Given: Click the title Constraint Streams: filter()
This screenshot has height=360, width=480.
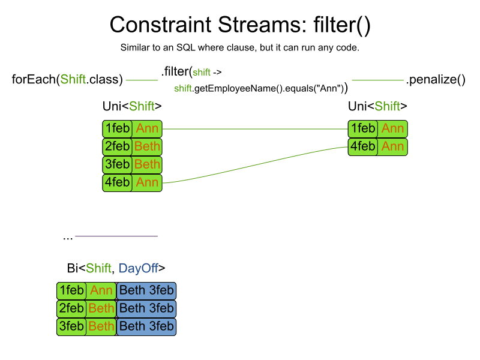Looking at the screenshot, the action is [x=240, y=25].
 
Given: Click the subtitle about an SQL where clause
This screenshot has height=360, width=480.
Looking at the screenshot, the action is [x=239, y=48].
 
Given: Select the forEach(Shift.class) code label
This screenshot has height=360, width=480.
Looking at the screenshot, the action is [x=67, y=80].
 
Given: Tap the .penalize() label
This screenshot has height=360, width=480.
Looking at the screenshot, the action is [x=436, y=80].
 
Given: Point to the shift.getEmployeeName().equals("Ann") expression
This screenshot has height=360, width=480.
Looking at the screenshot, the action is [x=261, y=88].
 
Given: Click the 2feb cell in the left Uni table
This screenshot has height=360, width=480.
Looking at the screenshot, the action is [x=117, y=146].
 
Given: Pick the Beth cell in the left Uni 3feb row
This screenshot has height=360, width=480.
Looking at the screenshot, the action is [x=147, y=164].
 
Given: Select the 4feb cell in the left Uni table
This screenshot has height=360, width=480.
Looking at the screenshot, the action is [x=117, y=183].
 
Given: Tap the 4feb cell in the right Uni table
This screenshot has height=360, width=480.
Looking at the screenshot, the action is [x=363, y=146].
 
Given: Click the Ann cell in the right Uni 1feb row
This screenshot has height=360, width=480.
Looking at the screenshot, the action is [x=392, y=128].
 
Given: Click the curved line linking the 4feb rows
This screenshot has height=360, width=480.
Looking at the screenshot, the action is [x=255, y=166].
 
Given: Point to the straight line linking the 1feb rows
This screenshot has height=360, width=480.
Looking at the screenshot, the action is [x=255, y=129].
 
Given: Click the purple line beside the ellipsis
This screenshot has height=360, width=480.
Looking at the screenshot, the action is [x=116, y=236].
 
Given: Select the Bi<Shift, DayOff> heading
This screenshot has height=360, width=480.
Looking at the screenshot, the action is [x=116, y=268].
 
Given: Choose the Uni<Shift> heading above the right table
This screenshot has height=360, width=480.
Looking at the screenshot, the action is [x=377, y=106].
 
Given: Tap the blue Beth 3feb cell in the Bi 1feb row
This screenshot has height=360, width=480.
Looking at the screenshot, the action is [x=146, y=290].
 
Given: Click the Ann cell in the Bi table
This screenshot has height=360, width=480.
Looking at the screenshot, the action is [x=101, y=290].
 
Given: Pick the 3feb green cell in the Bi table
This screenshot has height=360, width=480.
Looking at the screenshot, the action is [x=71, y=326].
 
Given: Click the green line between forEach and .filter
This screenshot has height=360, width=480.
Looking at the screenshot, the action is [x=142, y=80].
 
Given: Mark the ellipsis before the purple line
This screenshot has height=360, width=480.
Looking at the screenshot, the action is [x=68, y=238].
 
